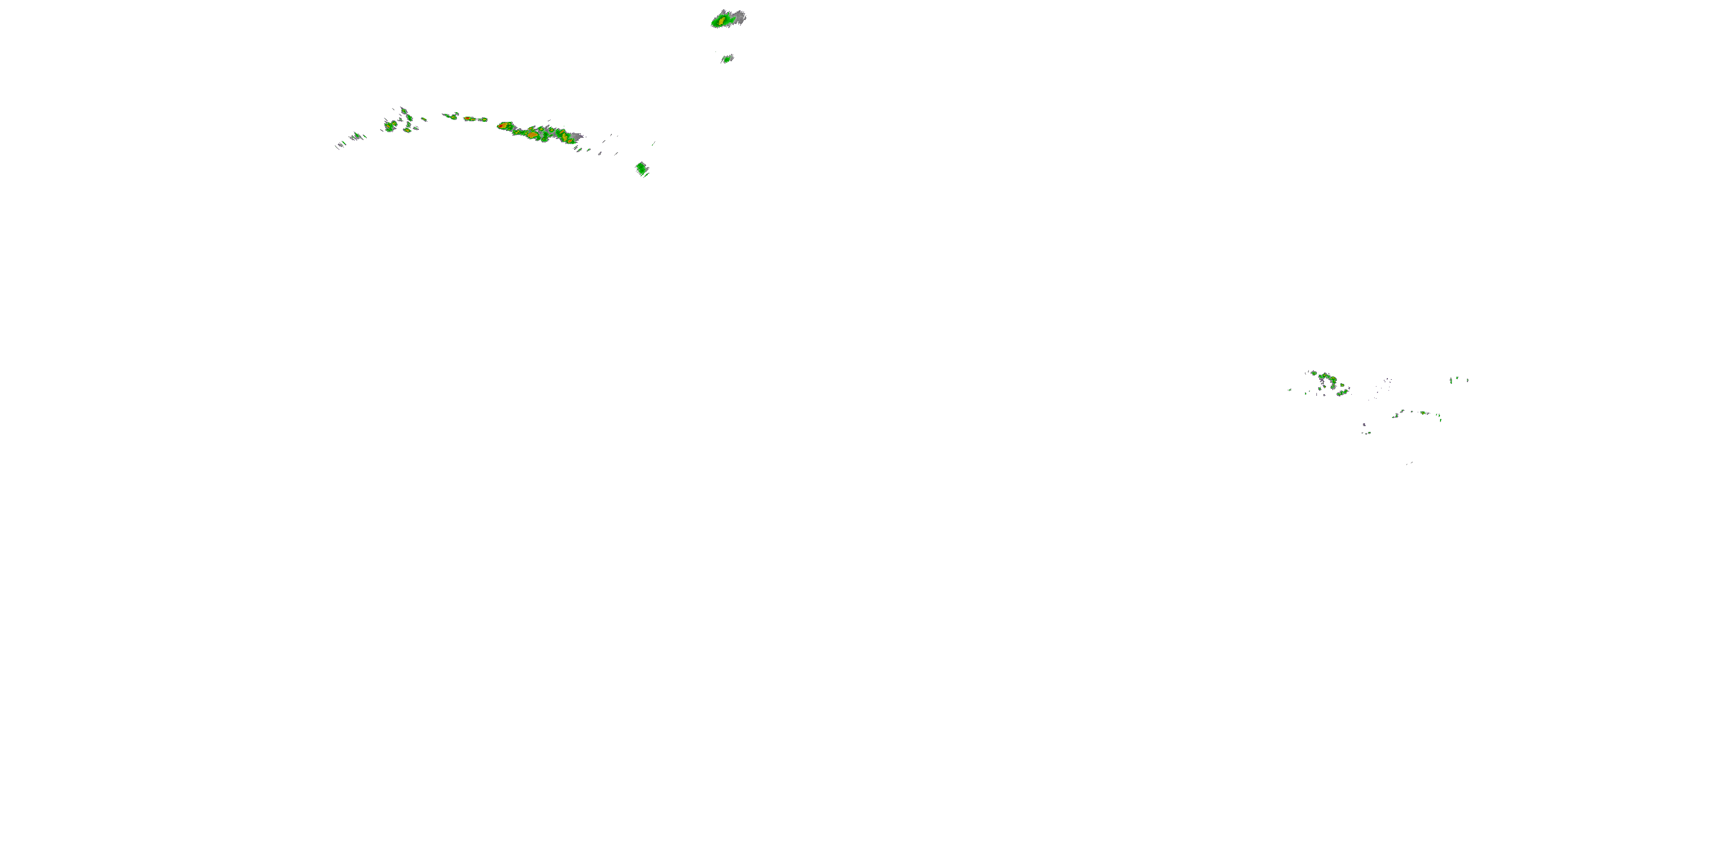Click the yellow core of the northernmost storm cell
(x=722, y=21)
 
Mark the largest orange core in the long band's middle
(x=532, y=133)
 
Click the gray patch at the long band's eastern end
(x=577, y=136)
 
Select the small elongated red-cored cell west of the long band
(x=470, y=118)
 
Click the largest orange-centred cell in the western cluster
(x=390, y=125)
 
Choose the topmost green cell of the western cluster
(x=403, y=110)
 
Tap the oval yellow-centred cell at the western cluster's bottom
(x=408, y=130)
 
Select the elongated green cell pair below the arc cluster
(x=1341, y=393)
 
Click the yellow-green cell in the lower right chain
(x=1422, y=413)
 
